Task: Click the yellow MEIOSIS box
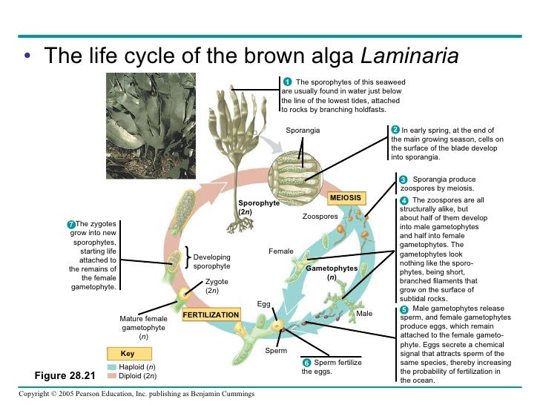click(x=346, y=198)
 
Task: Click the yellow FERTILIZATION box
click(x=211, y=315)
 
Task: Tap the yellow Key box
click(x=127, y=354)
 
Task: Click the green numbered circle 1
click(x=287, y=81)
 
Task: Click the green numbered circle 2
click(x=395, y=131)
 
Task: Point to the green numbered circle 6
click(x=306, y=363)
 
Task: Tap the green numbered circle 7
click(x=70, y=224)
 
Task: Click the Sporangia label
click(x=303, y=131)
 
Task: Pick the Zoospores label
click(x=320, y=217)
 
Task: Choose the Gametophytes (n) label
click(x=332, y=272)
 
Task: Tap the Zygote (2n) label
click(x=217, y=286)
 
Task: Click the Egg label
click(x=263, y=304)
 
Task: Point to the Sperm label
click(x=275, y=349)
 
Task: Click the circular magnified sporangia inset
click(x=297, y=177)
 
